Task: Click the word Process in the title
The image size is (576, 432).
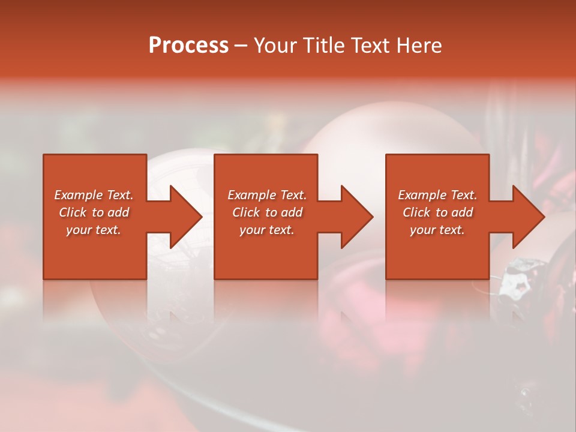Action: [x=188, y=46]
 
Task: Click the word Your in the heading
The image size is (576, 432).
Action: [x=275, y=46]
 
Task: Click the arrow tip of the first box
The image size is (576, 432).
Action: [x=200, y=217]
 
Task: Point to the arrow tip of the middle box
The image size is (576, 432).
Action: [x=371, y=217]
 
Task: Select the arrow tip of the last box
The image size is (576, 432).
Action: [x=542, y=217]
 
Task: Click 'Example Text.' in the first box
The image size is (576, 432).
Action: [x=94, y=195]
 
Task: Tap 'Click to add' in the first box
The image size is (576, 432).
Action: [x=94, y=212]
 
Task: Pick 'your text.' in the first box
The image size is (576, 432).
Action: [x=94, y=230]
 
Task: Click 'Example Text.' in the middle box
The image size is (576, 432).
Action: [x=266, y=195]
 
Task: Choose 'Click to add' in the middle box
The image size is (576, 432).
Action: [x=266, y=212]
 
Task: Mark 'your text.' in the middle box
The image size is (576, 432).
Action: [x=266, y=230]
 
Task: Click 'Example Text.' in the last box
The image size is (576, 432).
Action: [x=437, y=195]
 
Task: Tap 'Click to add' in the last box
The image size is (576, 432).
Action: [x=437, y=212]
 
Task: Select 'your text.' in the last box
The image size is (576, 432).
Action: [x=437, y=230]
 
